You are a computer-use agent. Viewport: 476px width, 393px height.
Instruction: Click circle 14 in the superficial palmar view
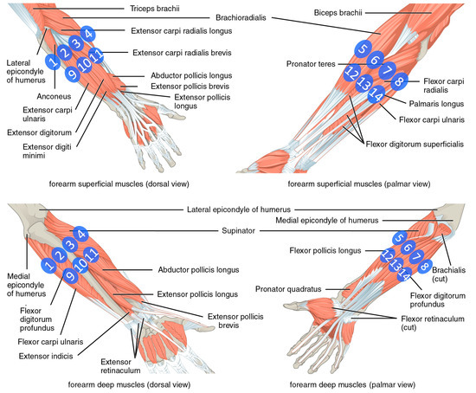375,95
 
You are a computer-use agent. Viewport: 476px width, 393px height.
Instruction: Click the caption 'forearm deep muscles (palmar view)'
350,382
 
